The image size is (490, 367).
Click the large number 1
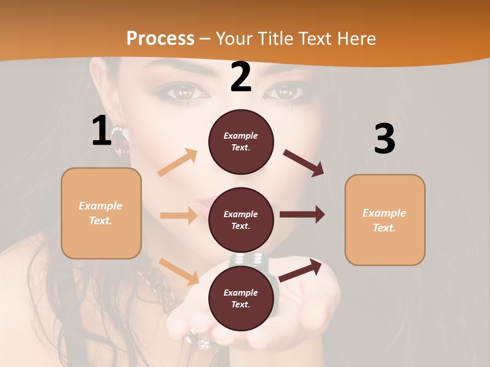[x=102, y=131]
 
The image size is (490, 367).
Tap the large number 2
[x=241, y=77]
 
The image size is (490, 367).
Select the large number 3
[x=384, y=139]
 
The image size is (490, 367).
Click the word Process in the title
[x=160, y=38]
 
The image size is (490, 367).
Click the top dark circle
[x=241, y=142]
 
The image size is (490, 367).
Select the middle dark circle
[x=241, y=220]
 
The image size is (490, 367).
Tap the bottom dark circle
[x=241, y=298]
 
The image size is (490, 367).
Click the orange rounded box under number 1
[x=101, y=213]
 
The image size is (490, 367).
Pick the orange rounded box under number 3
[x=385, y=220]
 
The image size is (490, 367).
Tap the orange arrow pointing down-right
[x=179, y=271]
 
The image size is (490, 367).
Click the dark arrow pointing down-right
[x=304, y=163]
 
